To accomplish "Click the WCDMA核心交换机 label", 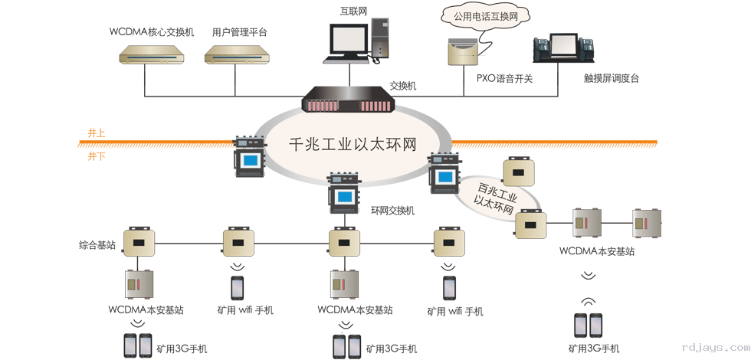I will click(152, 32).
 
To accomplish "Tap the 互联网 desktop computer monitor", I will click(349, 38).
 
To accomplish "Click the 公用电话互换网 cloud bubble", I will click(482, 15).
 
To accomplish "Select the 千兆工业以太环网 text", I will click(352, 145).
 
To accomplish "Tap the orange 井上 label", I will click(97, 133).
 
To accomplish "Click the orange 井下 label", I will click(97, 155).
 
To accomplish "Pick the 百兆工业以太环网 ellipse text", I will click(497, 197).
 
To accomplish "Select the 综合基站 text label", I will click(97, 245).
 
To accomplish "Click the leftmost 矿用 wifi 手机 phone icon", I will click(238, 287).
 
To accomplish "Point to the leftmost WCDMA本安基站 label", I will click(146, 310).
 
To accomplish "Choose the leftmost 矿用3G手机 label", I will click(181, 349).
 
